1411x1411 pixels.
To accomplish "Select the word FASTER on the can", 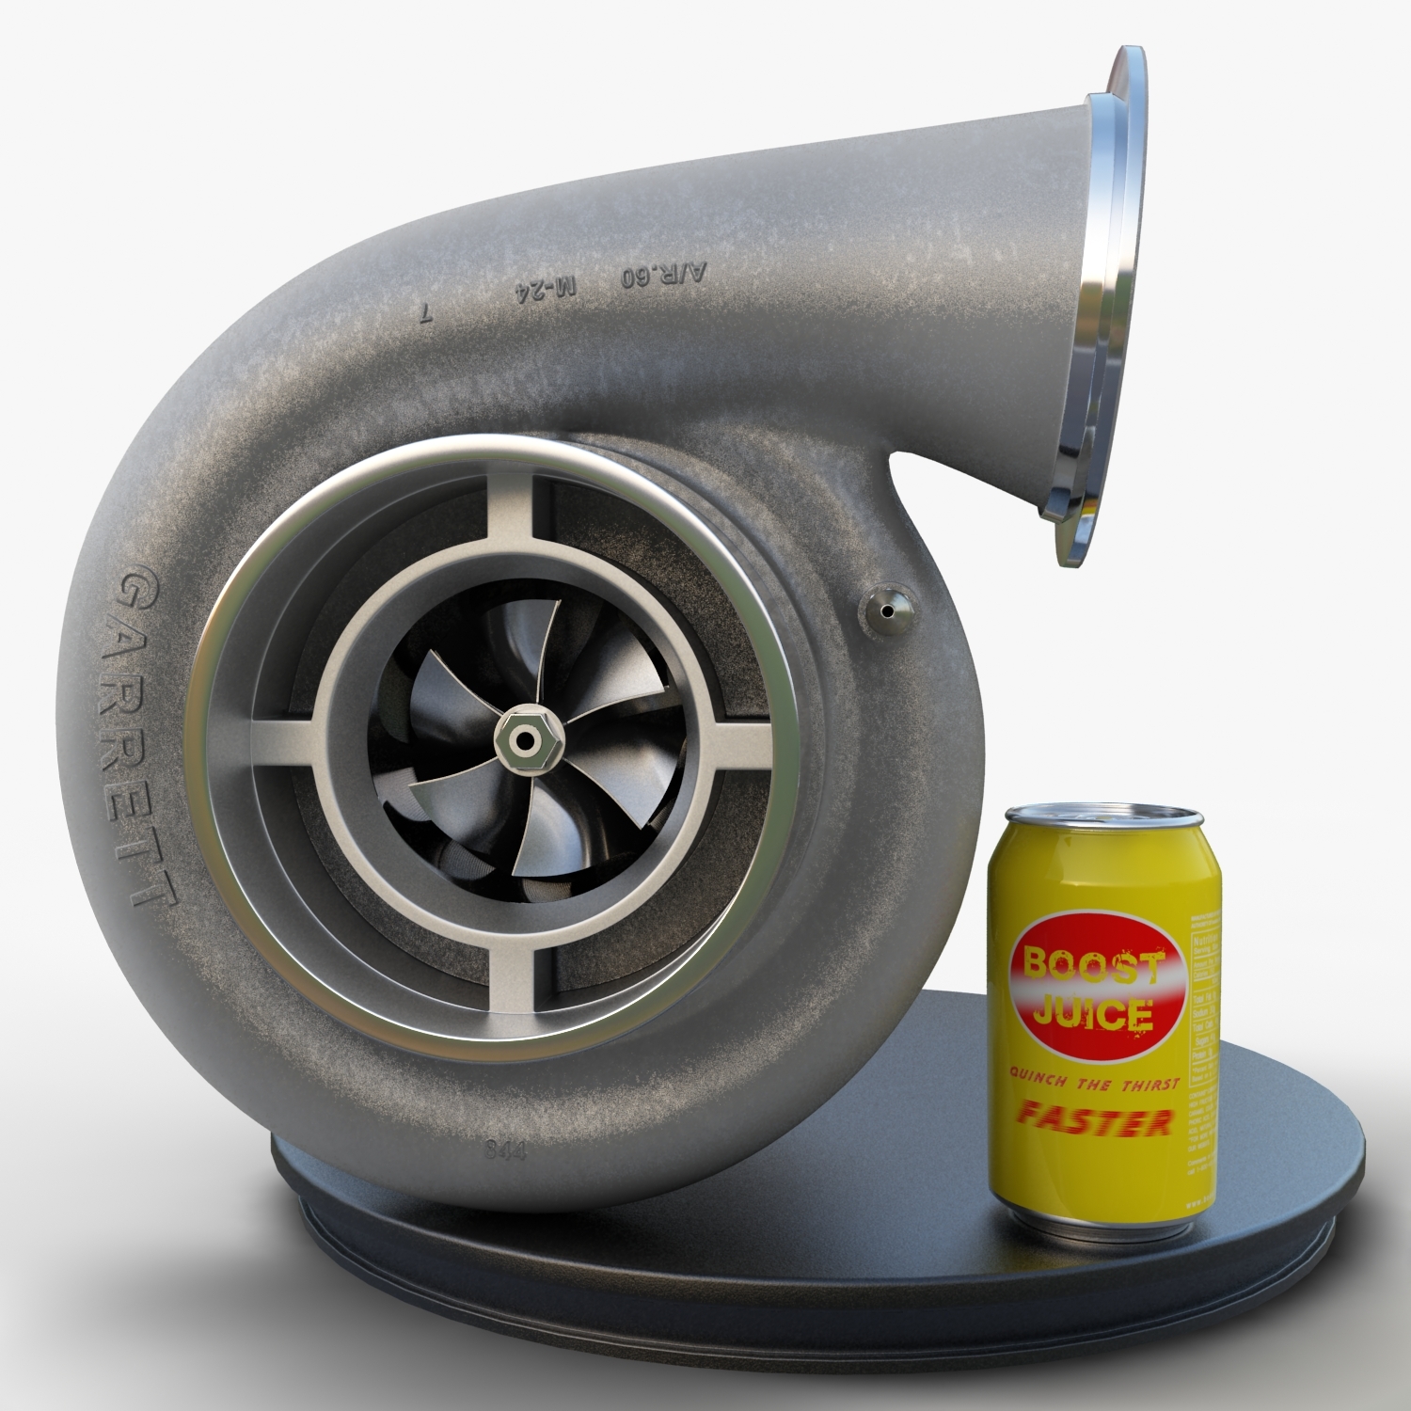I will (x=1096, y=1121).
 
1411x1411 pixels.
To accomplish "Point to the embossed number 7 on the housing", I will (x=426, y=315).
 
